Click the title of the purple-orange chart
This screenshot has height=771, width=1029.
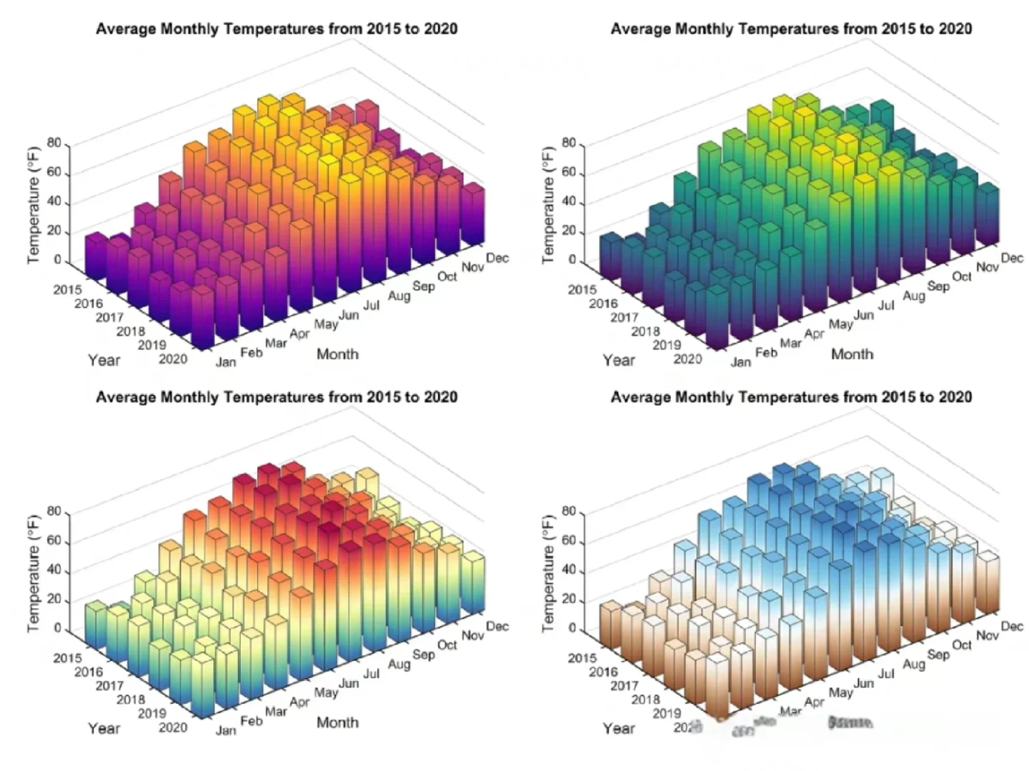tap(277, 29)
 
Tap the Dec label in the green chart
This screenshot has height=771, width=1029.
tap(1012, 258)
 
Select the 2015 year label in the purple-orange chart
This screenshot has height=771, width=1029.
tap(67, 289)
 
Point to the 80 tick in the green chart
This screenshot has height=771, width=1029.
tap(569, 143)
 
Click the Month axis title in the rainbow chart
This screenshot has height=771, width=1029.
tap(337, 722)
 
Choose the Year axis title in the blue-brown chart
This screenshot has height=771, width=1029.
tap(618, 728)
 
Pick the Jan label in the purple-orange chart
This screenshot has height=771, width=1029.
tap(226, 362)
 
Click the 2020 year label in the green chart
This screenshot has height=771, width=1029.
tap(687, 358)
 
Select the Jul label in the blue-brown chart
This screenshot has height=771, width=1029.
tap(886, 673)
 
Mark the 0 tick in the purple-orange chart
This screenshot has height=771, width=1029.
tap(58, 261)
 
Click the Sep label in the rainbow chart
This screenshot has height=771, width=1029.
tap(424, 654)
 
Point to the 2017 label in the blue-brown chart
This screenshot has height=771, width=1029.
tap(624, 685)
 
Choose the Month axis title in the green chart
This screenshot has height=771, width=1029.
tap(852, 354)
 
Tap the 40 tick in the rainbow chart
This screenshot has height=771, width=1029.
tap(54, 571)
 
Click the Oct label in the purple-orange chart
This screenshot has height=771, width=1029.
tap(447, 276)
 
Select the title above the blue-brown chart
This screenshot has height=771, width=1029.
tap(791, 398)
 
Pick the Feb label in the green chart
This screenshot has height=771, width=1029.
tap(766, 353)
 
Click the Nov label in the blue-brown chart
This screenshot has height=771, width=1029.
tap(988, 635)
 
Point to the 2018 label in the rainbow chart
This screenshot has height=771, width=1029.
tap(131, 700)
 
